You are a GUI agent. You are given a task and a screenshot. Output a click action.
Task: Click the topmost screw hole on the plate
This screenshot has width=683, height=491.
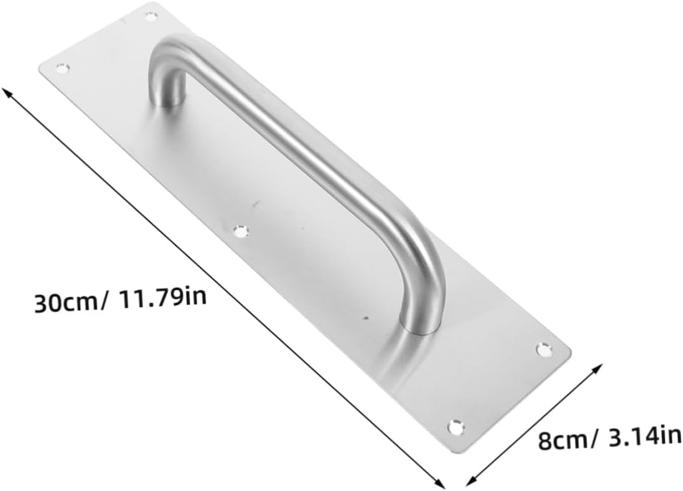pyautogui.click(x=151, y=15)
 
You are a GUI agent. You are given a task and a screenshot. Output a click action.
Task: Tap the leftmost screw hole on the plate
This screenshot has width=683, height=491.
pyautogui.click(x=61, y=67)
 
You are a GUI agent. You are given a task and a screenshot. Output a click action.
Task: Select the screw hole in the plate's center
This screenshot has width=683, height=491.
pyautogui.click(x=241, y=231)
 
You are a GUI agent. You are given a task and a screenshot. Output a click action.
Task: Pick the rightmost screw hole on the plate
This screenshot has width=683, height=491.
pyautogui.click(x=544, y=349)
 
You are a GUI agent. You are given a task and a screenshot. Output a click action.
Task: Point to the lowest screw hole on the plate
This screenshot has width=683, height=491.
pyautogui.click(x=456, y=426)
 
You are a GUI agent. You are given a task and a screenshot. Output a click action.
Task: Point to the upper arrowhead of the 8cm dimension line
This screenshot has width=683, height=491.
pyautogui.click(x=600, y=368)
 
